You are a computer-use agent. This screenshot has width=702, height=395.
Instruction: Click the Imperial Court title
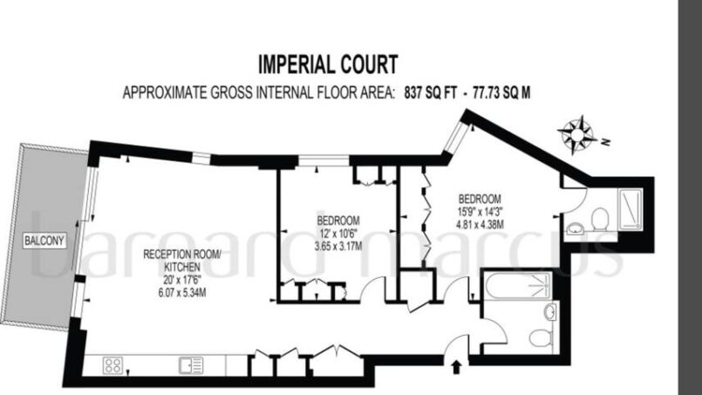point(328,64)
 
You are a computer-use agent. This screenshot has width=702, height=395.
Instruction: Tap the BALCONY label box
point(44,241)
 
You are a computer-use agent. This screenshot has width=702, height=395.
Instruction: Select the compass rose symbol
point(576,134)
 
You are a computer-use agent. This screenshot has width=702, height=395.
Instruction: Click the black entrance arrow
point(456,367)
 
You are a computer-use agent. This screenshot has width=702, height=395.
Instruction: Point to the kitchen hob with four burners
point(112,365)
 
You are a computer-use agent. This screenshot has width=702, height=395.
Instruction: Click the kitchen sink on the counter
point(191,365)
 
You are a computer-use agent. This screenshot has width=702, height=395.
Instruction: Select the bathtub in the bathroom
point(516,285)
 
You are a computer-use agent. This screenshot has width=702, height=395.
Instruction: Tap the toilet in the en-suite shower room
point(599,220)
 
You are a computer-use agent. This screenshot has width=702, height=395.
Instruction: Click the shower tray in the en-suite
point(630,209)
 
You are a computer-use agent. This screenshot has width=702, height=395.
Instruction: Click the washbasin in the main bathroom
point(550,311)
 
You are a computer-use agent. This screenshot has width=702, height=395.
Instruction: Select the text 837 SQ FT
point(430,92)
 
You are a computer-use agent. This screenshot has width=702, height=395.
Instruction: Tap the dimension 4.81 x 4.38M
point(480,223)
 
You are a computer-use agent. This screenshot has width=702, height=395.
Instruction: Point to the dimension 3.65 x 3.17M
point(338,246)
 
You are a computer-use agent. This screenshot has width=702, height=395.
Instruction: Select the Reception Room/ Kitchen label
point(182,261)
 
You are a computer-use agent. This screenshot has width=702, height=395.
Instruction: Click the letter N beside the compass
point(606,143)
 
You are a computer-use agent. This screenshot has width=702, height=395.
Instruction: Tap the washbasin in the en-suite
point(575,228)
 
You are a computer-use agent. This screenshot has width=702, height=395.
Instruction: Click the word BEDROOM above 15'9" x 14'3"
point(480,199)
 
